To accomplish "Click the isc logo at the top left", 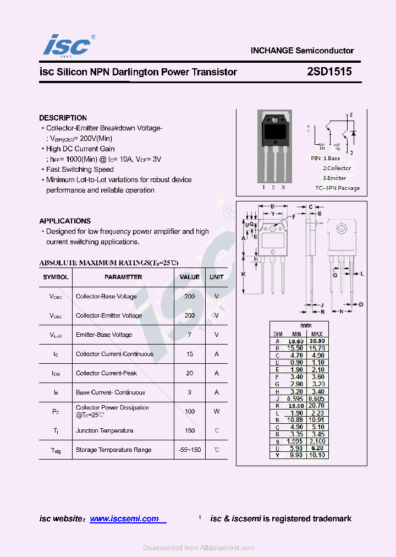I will pos(66,45).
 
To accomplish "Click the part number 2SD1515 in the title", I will pos(329,72).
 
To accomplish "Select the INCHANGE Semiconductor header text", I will pos(302,51).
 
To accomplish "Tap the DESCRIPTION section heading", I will pos(63,118).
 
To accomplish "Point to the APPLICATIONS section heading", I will pos(65,221).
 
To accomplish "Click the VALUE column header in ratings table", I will pos(190,277).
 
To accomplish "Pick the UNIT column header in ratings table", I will pos(217,277).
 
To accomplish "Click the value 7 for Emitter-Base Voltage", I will pos(190,335).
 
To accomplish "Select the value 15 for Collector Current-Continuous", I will pos(190,354).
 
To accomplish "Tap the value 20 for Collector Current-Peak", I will pos(190,373).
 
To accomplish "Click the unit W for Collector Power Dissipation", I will pos(217,411).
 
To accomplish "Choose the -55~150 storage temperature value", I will pos(190,450).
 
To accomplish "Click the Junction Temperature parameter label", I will pos(105,430).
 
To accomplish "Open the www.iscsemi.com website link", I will pos(124,518).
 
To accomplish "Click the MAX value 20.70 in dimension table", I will pos(317,405).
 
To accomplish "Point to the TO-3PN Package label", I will pos(337,188).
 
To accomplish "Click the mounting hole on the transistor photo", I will pos(273,119).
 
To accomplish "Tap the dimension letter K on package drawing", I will pos(244,274).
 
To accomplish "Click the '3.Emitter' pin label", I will pos(334,178).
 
